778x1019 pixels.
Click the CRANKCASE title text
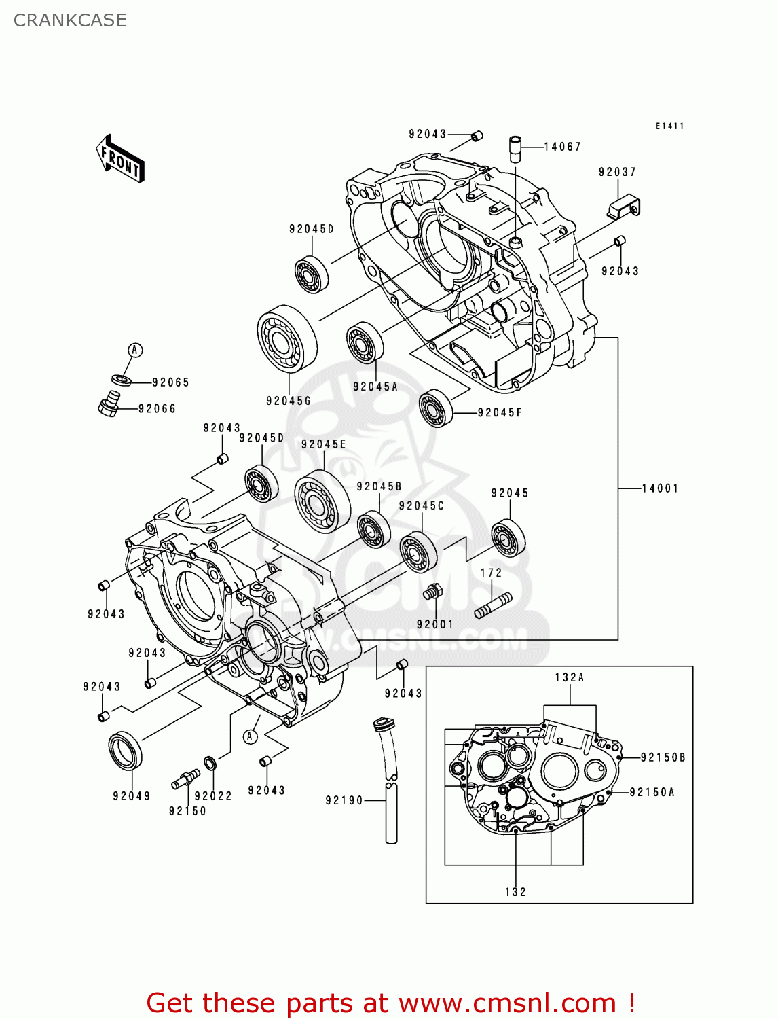[70, 20]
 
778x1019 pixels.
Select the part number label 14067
[562, 147]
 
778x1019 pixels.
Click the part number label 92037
[617, 172]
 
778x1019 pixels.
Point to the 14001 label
[660, 488]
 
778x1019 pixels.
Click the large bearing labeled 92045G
[287, 338]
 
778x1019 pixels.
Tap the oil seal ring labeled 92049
[126, 750]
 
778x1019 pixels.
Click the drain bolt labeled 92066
[109, 405]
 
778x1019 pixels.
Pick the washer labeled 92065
[121, 379]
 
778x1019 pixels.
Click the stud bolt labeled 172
[493, 605]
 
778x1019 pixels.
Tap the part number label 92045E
[323, 444]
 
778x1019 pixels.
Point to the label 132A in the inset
[569, 677]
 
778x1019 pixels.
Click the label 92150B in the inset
[663, 757]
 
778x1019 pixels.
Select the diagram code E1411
[669, 126]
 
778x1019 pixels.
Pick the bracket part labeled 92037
[624, 207]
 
